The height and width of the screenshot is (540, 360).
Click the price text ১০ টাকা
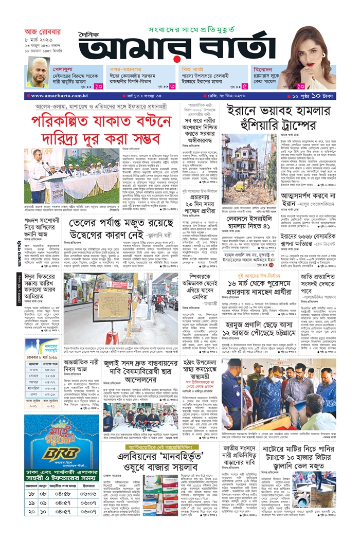323,96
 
